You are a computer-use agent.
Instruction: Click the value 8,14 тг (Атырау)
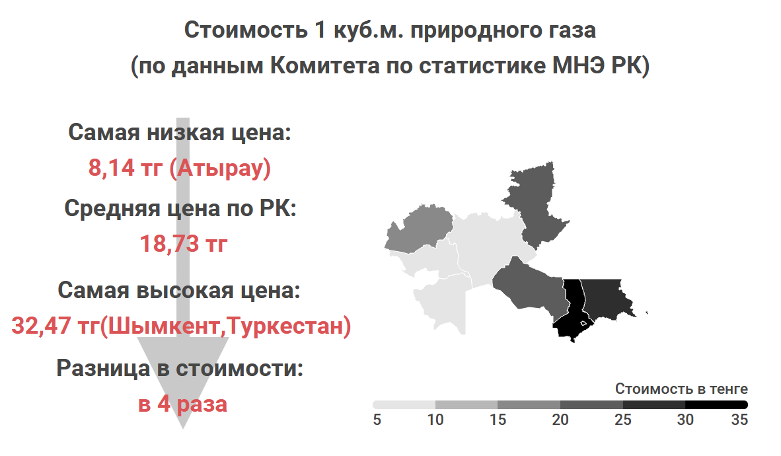[x=180, y=167]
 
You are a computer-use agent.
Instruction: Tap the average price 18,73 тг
[x=183, y=244]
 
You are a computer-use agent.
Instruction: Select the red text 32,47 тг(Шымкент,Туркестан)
[x=181, y=326]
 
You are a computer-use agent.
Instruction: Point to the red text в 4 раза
[x=182, y=404]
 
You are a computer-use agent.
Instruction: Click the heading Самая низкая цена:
[x=179, y=133]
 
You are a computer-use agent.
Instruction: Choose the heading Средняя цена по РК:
[x=180, y=208]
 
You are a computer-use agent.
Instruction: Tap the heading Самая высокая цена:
[x=179, y=290]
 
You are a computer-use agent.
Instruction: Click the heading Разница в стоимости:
[x=180, y=368]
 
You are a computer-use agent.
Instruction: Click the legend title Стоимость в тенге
[x=681, y=389]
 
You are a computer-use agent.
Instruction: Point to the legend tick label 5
[x=377, y=420]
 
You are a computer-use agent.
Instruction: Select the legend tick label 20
[x=560, y=420]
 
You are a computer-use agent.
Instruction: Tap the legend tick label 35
[x=739, y=420]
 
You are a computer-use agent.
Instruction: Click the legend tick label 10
[x=435, y=420]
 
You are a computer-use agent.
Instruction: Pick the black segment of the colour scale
[x=716, y=404]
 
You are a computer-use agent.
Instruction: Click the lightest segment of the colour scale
[x=404, y=404]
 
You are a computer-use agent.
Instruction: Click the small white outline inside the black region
[x=583, y=323]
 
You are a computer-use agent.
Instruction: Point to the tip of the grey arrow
[x=183, y=429]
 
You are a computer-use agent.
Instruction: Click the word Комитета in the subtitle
[x=324, y=65]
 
